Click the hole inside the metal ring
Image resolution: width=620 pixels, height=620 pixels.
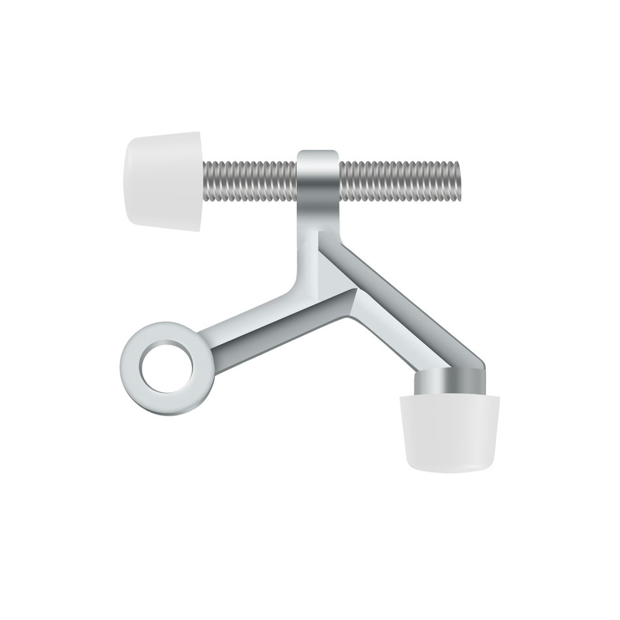(165, 367)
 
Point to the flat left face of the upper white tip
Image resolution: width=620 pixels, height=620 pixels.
(131, 179)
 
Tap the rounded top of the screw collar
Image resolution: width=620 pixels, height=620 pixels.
(318, 155)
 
